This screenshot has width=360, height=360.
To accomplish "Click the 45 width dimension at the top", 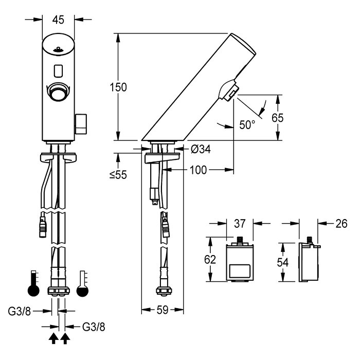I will tap(58, 20).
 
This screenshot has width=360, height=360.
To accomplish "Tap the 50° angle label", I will tap(247, 125).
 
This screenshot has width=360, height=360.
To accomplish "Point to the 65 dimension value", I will tap(278, 118).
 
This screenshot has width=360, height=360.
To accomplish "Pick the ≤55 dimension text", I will tap(119, 175).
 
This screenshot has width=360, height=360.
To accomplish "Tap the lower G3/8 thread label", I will tap(95, 326).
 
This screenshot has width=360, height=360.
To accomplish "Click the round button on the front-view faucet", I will tap(58, 92).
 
